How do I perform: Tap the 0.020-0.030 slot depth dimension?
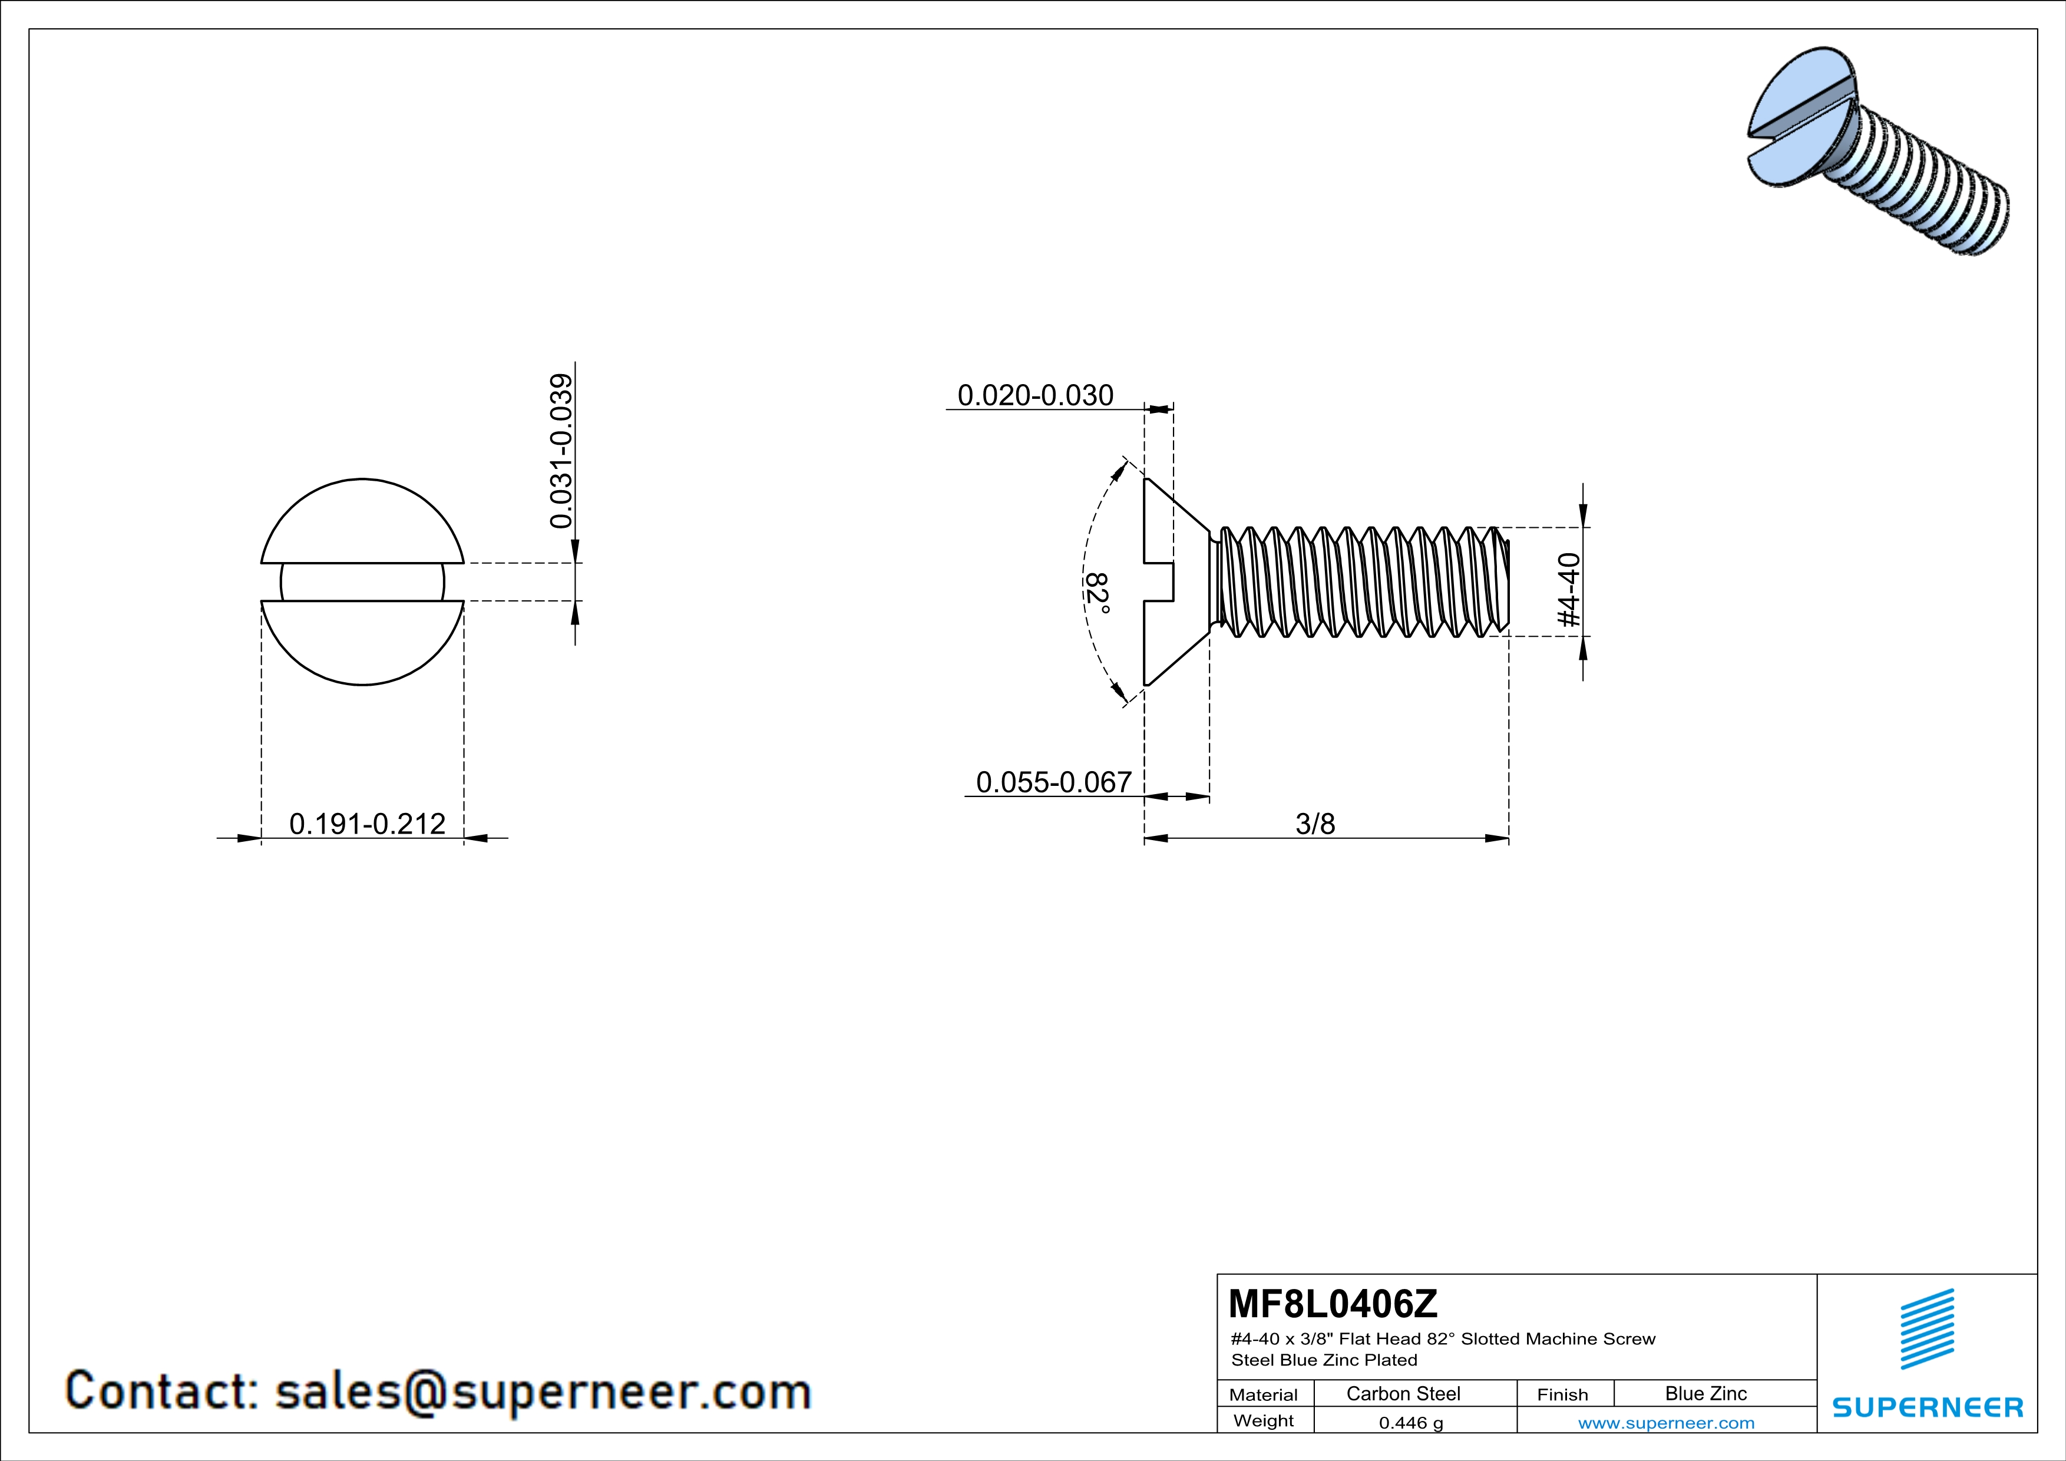click(1035, 395)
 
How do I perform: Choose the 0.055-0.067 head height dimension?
click(1053, 782)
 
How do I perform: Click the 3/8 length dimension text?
click(1315, 823)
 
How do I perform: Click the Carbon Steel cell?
click(1403, 1393)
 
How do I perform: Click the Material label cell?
click(1264, 1394)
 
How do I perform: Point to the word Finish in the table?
click(1562, 1394)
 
